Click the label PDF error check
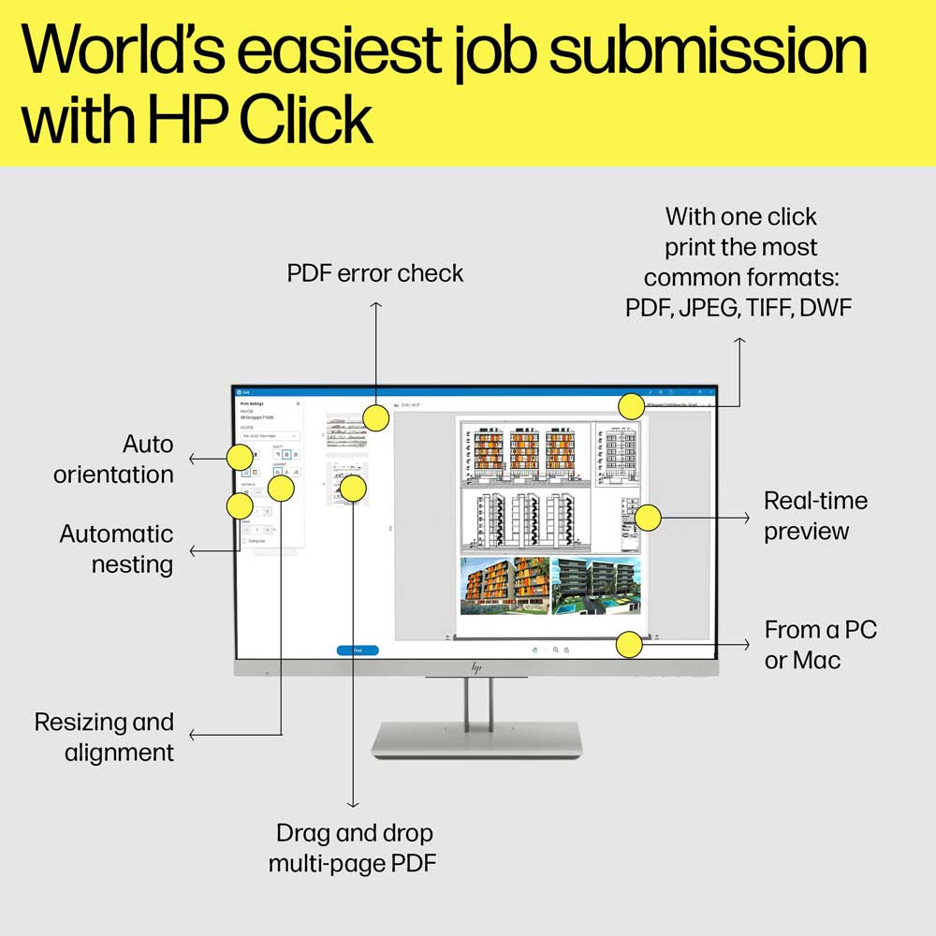[x=375, y=273]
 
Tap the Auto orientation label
[x=113, y=459]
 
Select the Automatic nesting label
[x=117, y=549]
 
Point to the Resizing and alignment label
[x=104, y=737]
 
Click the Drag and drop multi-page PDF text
[x=353, y=848]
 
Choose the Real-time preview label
[x=815, y=516]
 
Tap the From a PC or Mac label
[x=820, y=645]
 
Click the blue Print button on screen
[x=358, y=650]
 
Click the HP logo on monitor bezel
[x=475, y=667]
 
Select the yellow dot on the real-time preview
[x=648, y=517]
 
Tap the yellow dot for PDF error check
[x=375, y=417]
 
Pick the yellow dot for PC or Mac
[x=630, y=644]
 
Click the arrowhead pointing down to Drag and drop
[x=353, y=804]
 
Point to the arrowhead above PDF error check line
[x=375, y=304]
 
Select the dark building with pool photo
[x=595, y=586]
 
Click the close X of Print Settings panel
[x=299, y=403]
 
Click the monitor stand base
[x=476, y=739]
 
